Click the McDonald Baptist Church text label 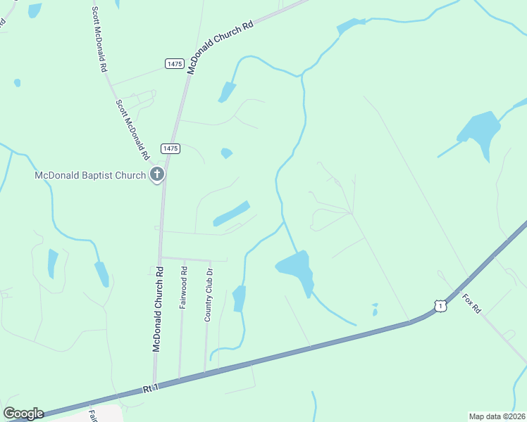point(90,175)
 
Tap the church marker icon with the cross point(157,174)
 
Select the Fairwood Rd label point(183,287)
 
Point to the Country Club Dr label point(209,294)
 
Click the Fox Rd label point(471,304)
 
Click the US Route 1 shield point(440,306)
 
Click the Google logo point(23,414)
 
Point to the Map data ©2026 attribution point(497,416)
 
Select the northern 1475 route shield point(175,64)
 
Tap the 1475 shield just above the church point(170,148)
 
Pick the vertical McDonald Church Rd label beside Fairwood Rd point(159,309)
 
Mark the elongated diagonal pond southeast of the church point(232,213)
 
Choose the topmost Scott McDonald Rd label point(99,39)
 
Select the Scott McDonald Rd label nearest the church point(133,129)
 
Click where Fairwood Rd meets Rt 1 point(179,379)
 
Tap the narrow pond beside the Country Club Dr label point(240,298)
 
